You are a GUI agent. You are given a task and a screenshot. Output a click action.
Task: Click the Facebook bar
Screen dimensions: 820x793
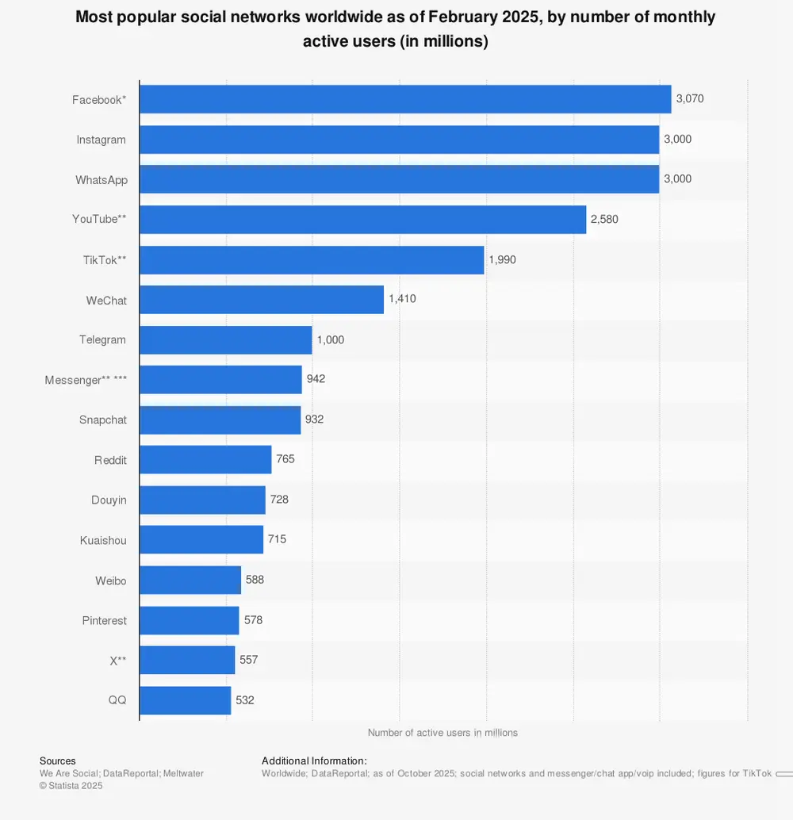click(x=405, y=99)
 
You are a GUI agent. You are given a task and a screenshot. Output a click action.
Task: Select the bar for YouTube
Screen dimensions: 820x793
click(x=362, y=219)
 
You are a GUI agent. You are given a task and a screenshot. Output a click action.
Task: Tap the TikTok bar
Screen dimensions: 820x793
click(x=312, y=259)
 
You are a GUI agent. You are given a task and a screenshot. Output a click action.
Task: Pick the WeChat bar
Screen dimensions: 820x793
click(x=262, y=300)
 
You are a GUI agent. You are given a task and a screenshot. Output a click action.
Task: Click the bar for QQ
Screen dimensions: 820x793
click(x=186, y=700)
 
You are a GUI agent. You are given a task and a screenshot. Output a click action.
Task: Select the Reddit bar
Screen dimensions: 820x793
click(x=205, y=460)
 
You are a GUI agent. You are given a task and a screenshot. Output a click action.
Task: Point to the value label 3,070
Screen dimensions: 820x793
click(x=690, y=99)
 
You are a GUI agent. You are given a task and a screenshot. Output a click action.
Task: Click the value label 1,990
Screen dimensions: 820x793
click(x=502, y=259)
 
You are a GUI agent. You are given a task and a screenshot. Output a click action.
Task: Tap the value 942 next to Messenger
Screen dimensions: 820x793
click(x=316, y=379)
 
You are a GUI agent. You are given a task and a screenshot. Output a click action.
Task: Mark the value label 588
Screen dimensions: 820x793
click(x=255, y=580)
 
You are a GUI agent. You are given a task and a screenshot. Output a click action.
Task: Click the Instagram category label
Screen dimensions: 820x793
click(x=101, y=140)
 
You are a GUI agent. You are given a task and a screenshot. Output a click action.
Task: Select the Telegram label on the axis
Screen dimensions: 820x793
click(x=102, y=339)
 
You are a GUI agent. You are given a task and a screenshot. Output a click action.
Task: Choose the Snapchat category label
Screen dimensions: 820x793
click(x=102, y=420)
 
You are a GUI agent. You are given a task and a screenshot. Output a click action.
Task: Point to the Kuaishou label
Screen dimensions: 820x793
click(x=103, y=540)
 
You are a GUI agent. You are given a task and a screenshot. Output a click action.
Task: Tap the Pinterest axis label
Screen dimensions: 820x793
click(x=104, y=620)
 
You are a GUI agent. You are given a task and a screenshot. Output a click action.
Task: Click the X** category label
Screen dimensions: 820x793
click(x=118, y=660)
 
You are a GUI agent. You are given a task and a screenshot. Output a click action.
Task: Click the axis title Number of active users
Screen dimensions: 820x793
click(x=442, y=733)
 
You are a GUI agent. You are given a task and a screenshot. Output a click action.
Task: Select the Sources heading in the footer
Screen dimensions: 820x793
click(x=58, y=761)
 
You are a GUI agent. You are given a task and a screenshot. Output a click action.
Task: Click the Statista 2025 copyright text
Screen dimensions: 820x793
click(x=71, y=786)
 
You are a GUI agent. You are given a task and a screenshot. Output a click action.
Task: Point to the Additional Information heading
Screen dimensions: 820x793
click(x=314, y=761)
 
